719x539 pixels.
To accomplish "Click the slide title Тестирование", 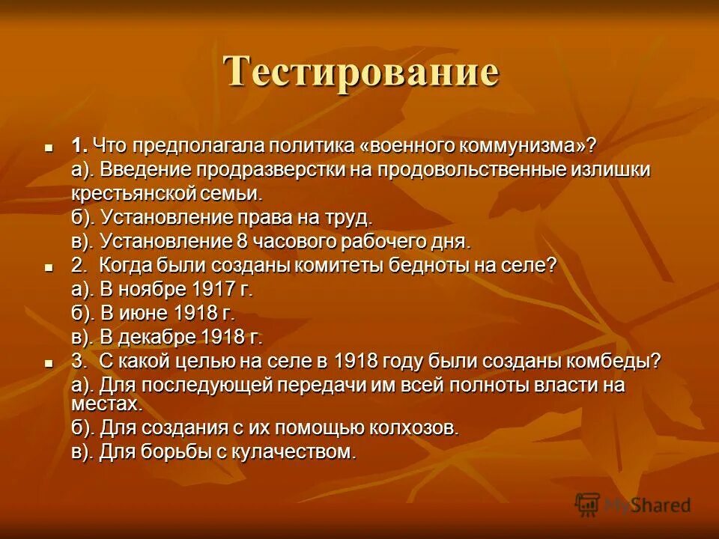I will [x=361, y=73].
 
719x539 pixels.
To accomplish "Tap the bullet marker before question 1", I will [x=49, y=146].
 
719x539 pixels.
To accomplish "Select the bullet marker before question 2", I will [x=49, y=267].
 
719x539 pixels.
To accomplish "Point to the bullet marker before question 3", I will [x=49, y=362].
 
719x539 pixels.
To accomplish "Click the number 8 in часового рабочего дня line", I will [x=241, y=241].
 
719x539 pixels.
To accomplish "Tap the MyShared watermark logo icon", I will [x=588, y=505].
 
